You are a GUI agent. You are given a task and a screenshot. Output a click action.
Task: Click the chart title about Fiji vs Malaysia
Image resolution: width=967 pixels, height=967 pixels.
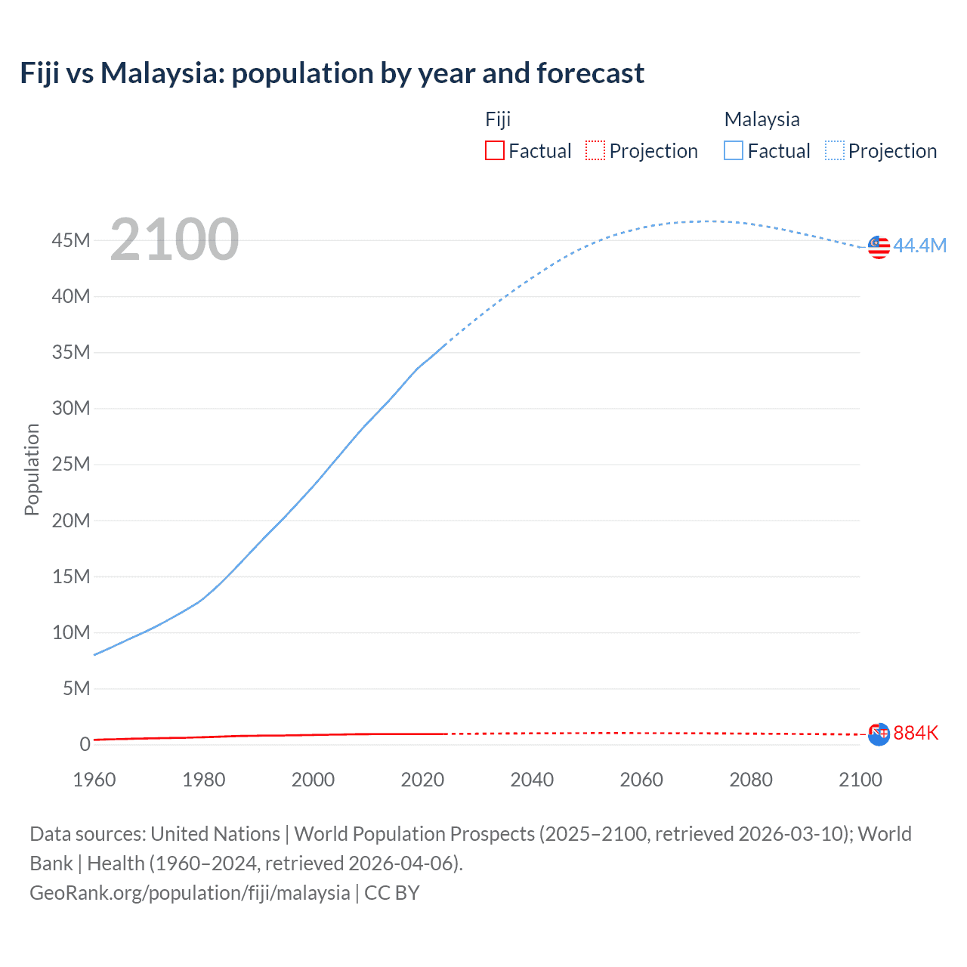(332, 73)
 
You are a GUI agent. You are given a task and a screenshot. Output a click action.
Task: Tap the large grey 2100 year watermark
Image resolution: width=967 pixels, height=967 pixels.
(175, 239)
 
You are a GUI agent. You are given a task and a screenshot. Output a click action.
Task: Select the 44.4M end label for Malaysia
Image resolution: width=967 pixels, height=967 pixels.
(919, 246)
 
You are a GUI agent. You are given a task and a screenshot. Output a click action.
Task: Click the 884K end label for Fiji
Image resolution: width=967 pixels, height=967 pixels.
(916, 733)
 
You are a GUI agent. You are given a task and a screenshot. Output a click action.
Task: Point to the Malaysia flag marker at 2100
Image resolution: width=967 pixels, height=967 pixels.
(879, 247)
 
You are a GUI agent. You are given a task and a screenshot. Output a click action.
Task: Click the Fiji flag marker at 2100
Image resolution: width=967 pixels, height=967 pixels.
(879, 734)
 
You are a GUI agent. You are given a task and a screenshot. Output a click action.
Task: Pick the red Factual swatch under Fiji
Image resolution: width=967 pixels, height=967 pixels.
(495, 150)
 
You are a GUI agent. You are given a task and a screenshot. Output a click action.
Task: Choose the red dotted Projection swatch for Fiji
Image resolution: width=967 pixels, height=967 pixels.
(595, 150)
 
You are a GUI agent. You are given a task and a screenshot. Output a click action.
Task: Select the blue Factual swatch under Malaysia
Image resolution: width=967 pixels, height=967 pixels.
(734, 150)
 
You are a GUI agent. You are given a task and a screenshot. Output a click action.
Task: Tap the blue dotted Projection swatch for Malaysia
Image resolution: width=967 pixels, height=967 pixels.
(834, 150)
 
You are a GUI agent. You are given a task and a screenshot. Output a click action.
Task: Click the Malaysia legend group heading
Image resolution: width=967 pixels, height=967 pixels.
(762, 119)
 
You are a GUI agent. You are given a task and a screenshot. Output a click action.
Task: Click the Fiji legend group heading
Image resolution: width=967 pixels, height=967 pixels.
(498, 119)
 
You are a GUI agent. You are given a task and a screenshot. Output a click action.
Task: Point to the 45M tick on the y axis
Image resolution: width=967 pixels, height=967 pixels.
(71, 240)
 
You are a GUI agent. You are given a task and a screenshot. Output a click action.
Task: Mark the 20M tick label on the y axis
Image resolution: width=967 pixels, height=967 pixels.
(71, 521)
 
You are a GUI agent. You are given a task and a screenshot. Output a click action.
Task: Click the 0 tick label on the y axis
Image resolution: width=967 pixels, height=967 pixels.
(85, 744)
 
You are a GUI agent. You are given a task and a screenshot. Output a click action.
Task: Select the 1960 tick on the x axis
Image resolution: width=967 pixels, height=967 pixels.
(94, 780)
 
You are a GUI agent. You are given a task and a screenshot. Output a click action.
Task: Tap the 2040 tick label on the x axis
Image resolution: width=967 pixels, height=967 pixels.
(532, 780)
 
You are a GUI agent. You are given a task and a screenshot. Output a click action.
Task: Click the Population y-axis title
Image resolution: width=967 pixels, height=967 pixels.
(32, 469)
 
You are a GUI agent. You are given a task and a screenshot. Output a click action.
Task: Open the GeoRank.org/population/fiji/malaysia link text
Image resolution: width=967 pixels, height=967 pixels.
(190, 893)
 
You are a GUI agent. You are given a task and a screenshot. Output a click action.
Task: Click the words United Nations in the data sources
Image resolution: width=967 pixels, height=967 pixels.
(215, 834)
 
